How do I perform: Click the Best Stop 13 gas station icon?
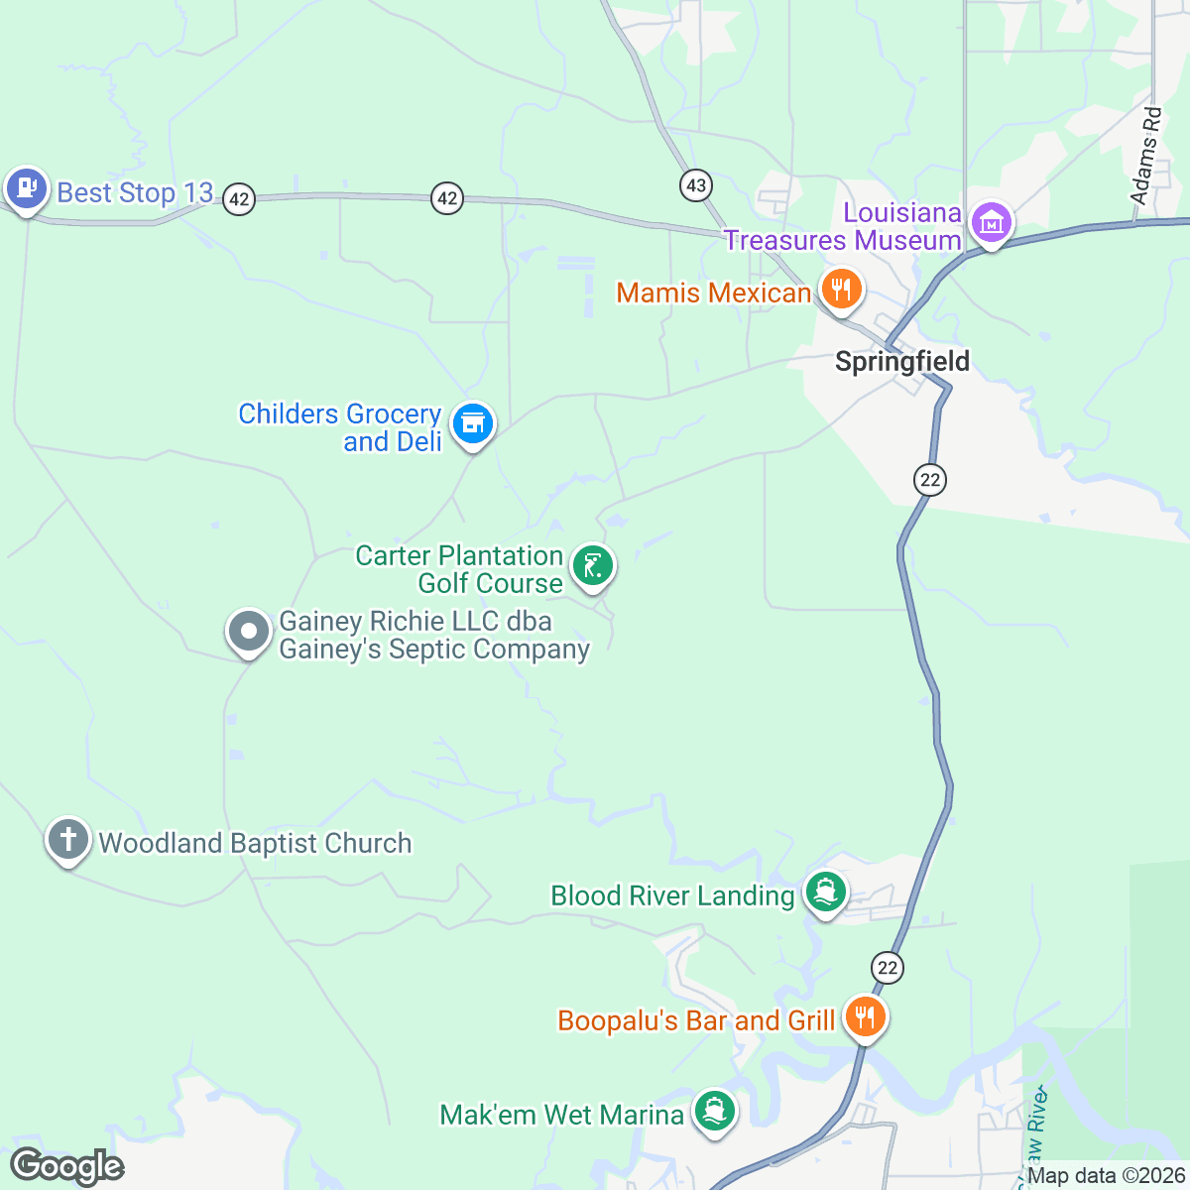pyautogui.click(x=26, y=187)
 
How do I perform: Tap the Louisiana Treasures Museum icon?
pyautogui.click(x=991, y=223)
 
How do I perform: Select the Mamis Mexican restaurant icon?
pyautogui.click(x=841, y=291)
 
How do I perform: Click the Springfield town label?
pyautogui.click(x=901, y=361)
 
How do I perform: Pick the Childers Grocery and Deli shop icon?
pyautogui.click(x=473, y=424)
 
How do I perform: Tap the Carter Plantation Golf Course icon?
pyautogui.click(x=592, y=566)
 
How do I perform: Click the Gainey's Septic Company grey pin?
pyautogui.click(x=249, y=632)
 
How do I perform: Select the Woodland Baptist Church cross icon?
pyautogui.click(x=67, y=841)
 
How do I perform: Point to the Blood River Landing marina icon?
pyautogui.click(x=825, y=892)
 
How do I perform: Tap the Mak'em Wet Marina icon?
pyautogui.click(x=714, y=1111)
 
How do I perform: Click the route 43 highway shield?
pyautogui.click(x=696, y=184)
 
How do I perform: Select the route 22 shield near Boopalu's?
pyautogui.click(x=887, y=968)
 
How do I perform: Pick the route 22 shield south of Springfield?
pyautogui.click(x=929, y=480)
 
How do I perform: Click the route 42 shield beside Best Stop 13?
pyautogui.click(x=238, y=199)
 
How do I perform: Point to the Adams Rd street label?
pyautogui.click(x=1147, y=156)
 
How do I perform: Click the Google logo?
pyautogui.click(x=67, y=1166)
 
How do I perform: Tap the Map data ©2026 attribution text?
pyautogui.click(x=1106, y=1176)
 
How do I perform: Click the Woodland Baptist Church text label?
pyautogui.click(x=255, y=843)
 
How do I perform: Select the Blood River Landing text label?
pyautogui.click(x=672, y=895)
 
